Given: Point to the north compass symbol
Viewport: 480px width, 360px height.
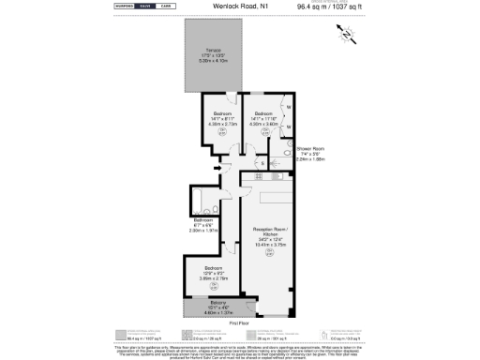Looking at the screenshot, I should (346, 36).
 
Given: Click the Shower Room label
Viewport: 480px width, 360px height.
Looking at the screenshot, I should (311, 149).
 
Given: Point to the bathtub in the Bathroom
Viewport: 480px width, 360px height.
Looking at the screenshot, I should (198, 200).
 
